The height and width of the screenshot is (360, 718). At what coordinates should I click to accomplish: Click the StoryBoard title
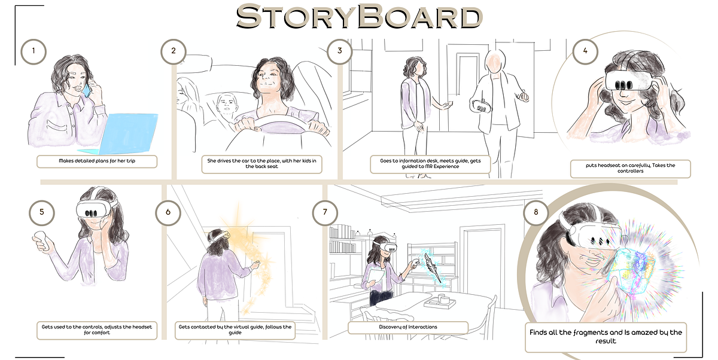[359, 16]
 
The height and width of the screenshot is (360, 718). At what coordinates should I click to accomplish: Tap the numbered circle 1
[34, 51]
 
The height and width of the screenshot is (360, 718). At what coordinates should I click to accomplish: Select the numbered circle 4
[585, 51]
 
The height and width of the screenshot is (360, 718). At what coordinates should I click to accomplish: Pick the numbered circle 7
[325, 212]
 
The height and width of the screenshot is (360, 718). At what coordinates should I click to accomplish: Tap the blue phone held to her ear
[87, 90]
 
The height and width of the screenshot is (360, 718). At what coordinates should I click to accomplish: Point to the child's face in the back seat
[226, 104]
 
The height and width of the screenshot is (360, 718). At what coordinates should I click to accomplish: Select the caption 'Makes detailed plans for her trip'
[97, 161]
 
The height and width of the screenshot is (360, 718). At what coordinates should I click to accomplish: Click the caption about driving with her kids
[261, 164]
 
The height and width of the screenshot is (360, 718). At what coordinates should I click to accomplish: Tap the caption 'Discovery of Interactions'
[407, 327]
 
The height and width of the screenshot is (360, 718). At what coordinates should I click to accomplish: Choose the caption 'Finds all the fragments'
[606, 337]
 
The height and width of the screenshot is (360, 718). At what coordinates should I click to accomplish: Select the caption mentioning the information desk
[430, 164]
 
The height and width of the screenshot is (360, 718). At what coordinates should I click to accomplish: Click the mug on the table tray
[445, 300]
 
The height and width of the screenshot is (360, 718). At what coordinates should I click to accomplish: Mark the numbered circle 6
[168, 212]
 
